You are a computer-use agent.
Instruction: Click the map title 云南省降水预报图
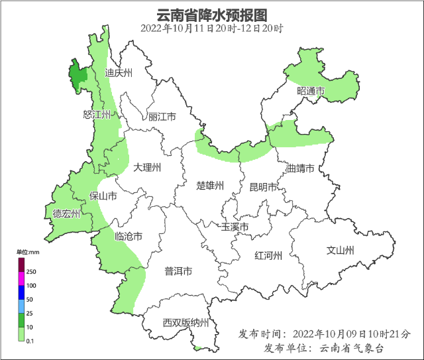click(212, 15)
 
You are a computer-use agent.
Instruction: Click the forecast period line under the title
click(212, 29)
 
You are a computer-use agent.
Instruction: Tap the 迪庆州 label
click(119, 73)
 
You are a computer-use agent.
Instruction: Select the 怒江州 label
click(97, 115)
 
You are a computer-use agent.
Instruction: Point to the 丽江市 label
click(162, 117)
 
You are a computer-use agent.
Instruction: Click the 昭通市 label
click(311, 91)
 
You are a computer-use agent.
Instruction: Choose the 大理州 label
click(147, 168)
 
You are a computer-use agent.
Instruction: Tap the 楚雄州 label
click(211, 186)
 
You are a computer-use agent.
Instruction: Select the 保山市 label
click(103, 196)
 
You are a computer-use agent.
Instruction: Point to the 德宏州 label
click(66, 213)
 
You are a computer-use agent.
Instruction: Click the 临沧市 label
click(129, 236)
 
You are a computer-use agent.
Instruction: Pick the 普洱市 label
click(178, 271)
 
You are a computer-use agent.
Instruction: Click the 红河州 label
click(269, 256)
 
